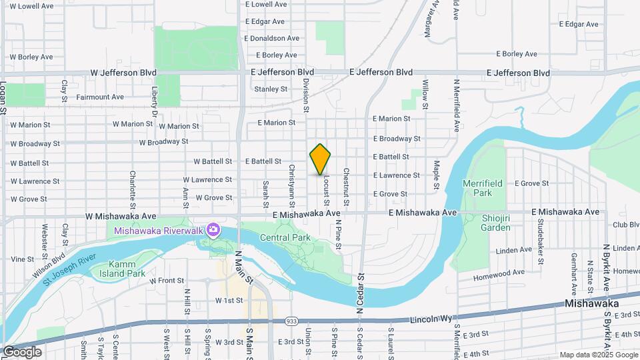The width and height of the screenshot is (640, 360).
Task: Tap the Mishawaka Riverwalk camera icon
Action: [213, 231]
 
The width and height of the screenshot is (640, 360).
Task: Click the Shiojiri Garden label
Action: [496, 223]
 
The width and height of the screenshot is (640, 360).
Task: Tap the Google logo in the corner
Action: [21, 352]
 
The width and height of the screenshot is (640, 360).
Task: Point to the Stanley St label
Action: [271, 89]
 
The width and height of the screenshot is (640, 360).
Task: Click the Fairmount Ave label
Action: [100, 97]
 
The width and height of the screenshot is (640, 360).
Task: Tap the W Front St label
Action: [166, 281]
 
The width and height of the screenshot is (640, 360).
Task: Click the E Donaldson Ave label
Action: [272, 39]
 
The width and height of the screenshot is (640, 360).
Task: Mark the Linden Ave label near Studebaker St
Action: [513, 251]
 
